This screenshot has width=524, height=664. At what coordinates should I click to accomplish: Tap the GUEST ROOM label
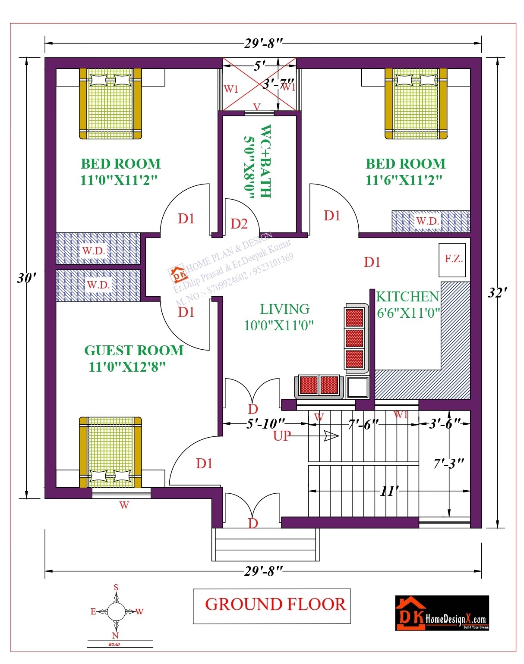[x=133, y=351]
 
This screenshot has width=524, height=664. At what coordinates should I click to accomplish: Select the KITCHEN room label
[x=407, y=297]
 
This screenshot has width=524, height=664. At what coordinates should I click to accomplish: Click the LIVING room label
[x=284, y=309]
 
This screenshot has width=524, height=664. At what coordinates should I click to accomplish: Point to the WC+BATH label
[x=265, y=162]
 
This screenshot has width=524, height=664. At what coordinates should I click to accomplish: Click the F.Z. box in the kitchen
[x=452, y=260]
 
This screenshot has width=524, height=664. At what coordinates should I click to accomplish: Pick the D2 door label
[x=239, y=224]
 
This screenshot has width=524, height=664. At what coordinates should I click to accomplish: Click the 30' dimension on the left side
[x=26, y=278]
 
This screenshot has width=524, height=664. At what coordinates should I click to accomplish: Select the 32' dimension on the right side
[x=497, y=293]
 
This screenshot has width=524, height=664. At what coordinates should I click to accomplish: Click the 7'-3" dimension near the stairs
[x=448, y=464]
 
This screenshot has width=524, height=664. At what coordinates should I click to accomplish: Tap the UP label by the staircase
[x=282, y=436]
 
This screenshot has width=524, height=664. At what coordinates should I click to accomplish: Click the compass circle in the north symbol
[x=116, y=611]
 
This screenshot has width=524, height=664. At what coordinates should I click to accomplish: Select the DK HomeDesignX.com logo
[x=442, y=613]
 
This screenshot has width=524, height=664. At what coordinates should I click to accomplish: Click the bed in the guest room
[x=110, y=452]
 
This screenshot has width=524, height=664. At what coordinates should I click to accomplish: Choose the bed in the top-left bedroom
[x=110, y=103]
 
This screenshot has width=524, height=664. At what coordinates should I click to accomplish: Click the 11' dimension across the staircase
[x=388, y=491]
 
